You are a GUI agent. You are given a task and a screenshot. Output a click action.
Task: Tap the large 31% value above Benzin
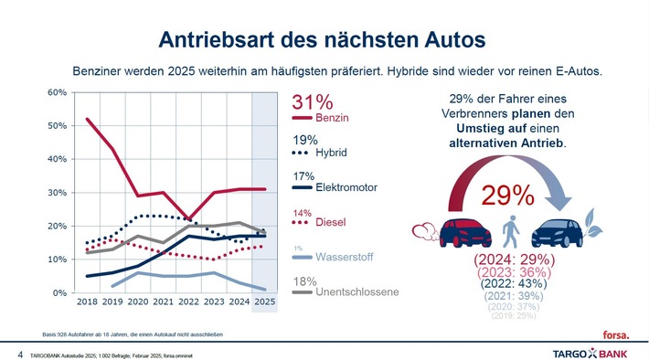pos(311,102)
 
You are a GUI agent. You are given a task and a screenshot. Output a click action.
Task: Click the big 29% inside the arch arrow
pos(509,195)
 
